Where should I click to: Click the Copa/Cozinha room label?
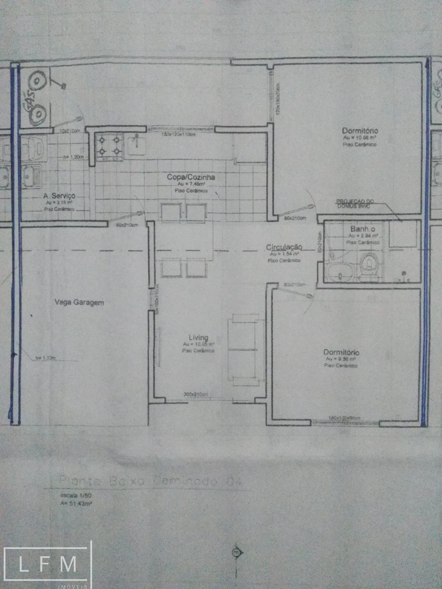pos(191,177)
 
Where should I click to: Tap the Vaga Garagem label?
pos(79,303)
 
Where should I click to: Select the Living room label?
pos(198,337)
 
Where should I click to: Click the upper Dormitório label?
pos(360,130)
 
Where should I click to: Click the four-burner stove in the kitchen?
pos(109,146)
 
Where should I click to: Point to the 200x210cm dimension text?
pos(196,395)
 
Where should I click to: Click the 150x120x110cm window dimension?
pos(178,134)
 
